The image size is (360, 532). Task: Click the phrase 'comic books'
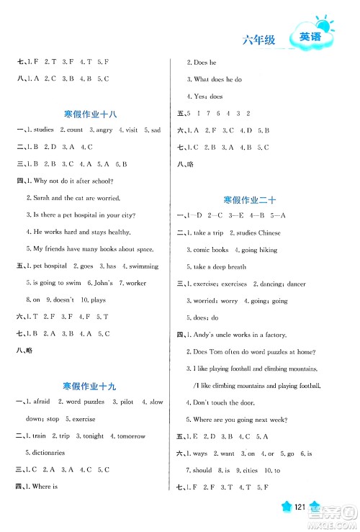click(211, 249)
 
